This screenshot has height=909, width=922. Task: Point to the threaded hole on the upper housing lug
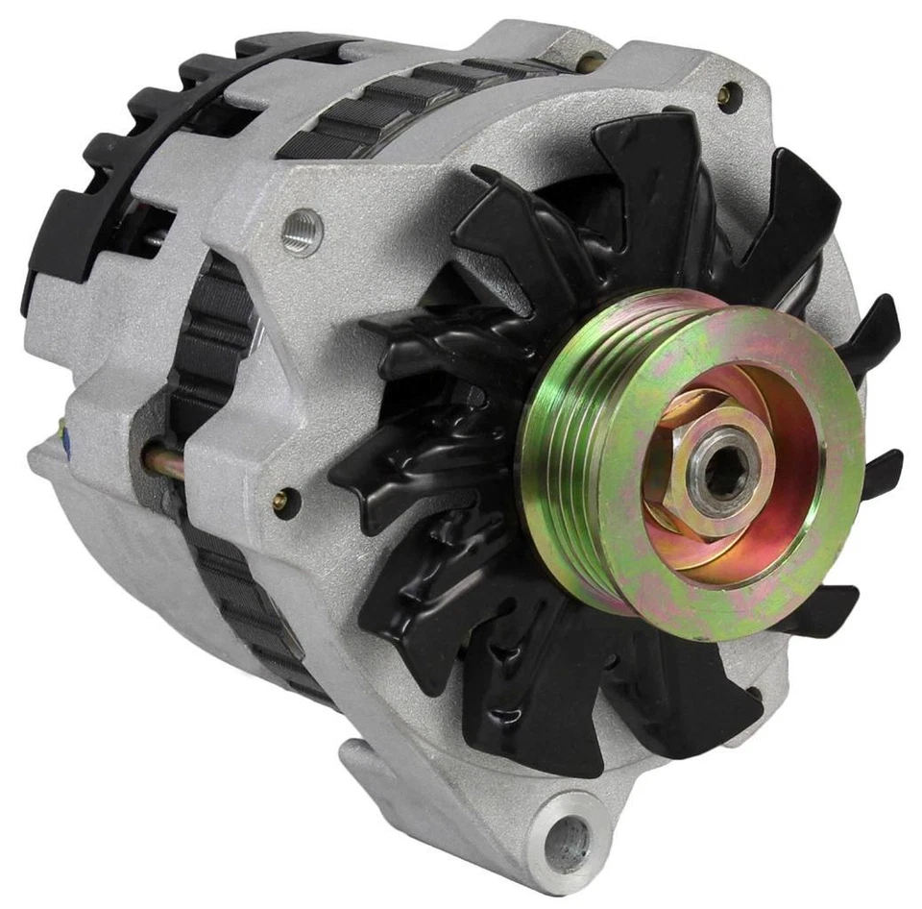pyautogui.click(x=301, y=232)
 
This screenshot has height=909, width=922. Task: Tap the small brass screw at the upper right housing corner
pyautogui.click(x=729, y=93)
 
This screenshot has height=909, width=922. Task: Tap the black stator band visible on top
pyautogui.click(x=403, y=106)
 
